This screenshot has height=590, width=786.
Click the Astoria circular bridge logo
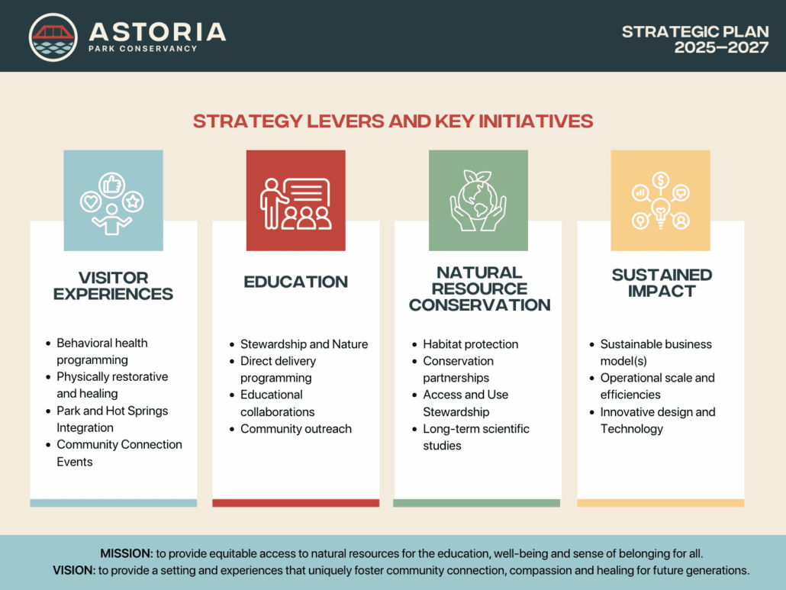click(53, 37)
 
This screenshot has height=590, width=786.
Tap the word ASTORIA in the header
click(157, 32)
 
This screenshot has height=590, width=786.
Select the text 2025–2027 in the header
click(721, 47)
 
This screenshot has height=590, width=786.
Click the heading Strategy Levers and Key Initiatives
click(393, 121)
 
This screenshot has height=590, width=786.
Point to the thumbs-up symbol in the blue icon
click(111, 185)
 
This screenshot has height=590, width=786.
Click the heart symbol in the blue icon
click(91, 202)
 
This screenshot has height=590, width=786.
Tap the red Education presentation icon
click(296, 201)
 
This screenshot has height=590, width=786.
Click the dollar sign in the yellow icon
click(661, 179)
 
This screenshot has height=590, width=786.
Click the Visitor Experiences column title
click(113, 285)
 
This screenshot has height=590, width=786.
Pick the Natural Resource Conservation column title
click(479, 289)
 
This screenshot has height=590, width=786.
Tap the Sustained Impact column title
click(662, 282)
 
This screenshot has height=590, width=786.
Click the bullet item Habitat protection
click(471, 344)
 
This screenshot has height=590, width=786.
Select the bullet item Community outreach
click(296, 429)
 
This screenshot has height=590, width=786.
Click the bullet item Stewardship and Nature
click(304, 344)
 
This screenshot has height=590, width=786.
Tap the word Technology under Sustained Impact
click(632, 429)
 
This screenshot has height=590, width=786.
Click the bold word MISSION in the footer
click(127, 553)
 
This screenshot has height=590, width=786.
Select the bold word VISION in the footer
click(74, 570)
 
